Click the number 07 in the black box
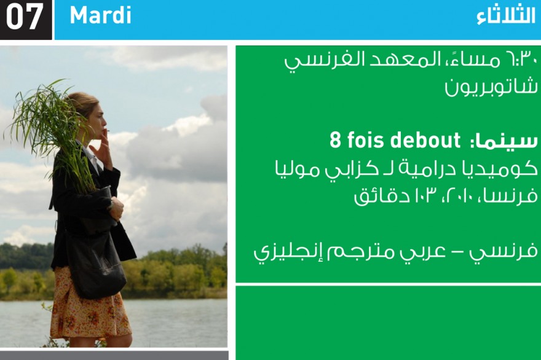(x=24, y=16)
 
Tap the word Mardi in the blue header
(x=100, y=15)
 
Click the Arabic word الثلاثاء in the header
(x=506, y=16)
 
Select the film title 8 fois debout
(x=395, y=140)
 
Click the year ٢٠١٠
(x=459, y=195)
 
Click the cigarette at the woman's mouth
(x=106, y=130)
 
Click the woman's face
(x=98, y=119)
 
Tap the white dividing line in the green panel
(x=388, y=284)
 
